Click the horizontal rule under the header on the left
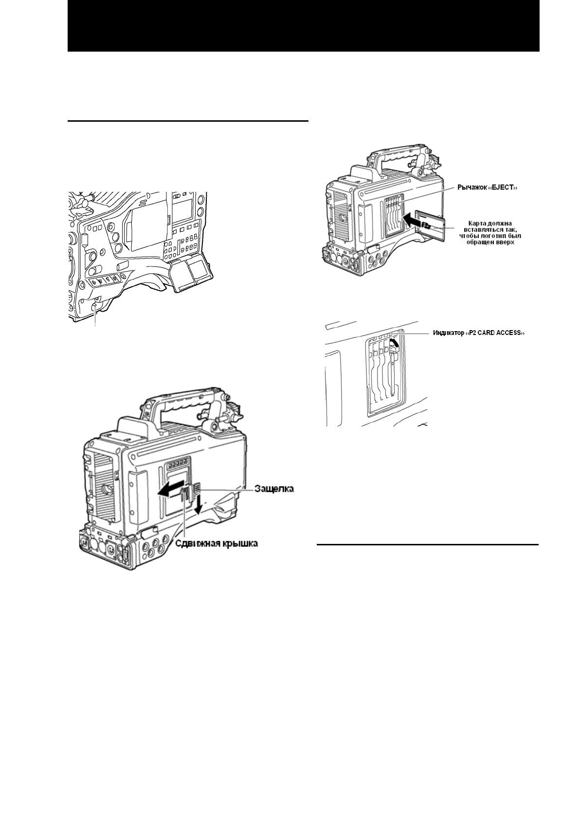pyautogui.click(x=188, y=120)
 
